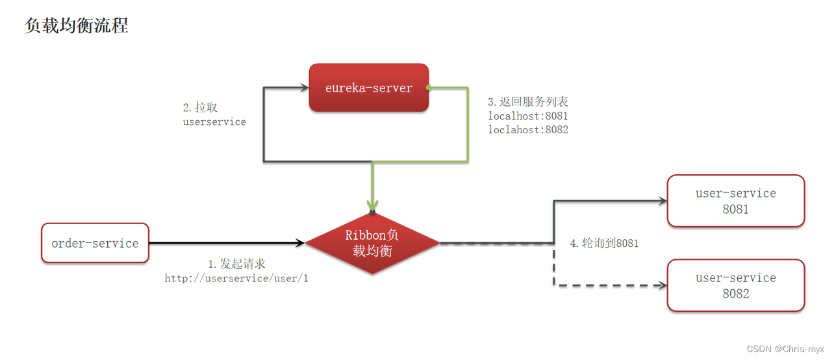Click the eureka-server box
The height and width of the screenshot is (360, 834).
pyautogui.click(x=368, y=88)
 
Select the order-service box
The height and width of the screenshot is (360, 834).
pyautogui.click(x=95, y=243)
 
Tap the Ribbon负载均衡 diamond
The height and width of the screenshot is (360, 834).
pyautogui.click(x=372, y=243)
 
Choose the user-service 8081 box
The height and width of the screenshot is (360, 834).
pyautogui.click(x=735, y=201)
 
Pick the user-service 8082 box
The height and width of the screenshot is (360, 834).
pyautogui.click(x=735, y=285)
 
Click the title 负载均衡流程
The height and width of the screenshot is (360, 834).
pyautogui.click(x=77, y=25)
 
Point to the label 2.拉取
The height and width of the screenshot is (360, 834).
pyautogui.click(x=200, y=108)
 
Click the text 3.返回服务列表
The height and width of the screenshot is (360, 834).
pyautogui.click(x=528, y=102)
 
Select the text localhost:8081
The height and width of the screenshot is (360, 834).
pyautogui.click(x=528, y=116)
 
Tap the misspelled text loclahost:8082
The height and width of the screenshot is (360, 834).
pyautogui.click(x=528, y=129)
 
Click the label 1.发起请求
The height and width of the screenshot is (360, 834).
pyautogui.click(x=236, y=264)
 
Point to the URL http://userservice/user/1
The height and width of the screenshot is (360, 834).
pyautogui.click(x=236, y=278)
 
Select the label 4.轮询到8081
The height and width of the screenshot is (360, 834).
pyautogui.click(x=604, y=243)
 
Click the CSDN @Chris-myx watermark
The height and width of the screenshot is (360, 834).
pyautogui.click(x=785, y=349)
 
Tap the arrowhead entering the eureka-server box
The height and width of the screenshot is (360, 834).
pyautogui.click(x=303, y=87)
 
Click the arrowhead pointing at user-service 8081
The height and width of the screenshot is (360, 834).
pyautogui.click(x=663, y=201)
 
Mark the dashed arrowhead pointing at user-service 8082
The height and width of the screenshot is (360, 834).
pyautogui.click(x=663, y=285)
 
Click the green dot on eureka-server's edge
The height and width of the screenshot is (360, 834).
pyautogui.click(x=429, y=87)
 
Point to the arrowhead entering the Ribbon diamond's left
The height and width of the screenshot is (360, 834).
pyautogui.click(x=300, y=243)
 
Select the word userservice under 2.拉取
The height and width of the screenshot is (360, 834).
pyautogui.click(x=214, y=122)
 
